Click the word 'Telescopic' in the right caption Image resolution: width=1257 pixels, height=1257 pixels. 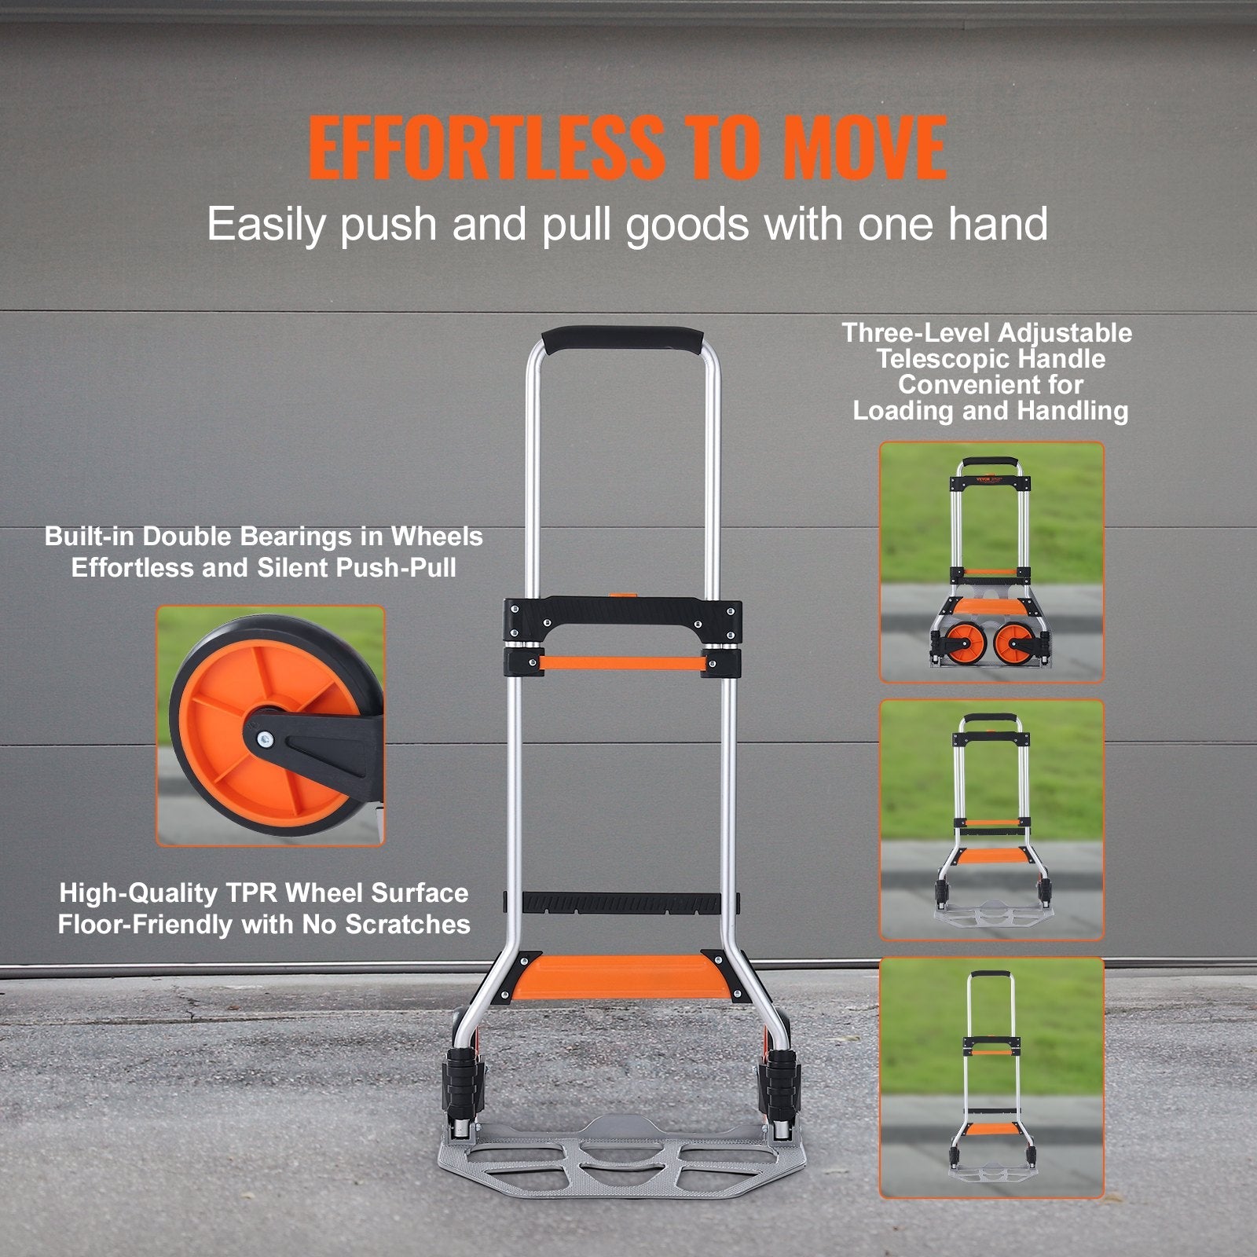(x=991, y=359)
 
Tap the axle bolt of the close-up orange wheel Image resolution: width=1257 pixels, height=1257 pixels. (x=264, y=738)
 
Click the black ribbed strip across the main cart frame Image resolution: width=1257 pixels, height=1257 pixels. (x=621, y=903)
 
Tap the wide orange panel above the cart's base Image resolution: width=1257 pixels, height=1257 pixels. (x=621, y=974)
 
